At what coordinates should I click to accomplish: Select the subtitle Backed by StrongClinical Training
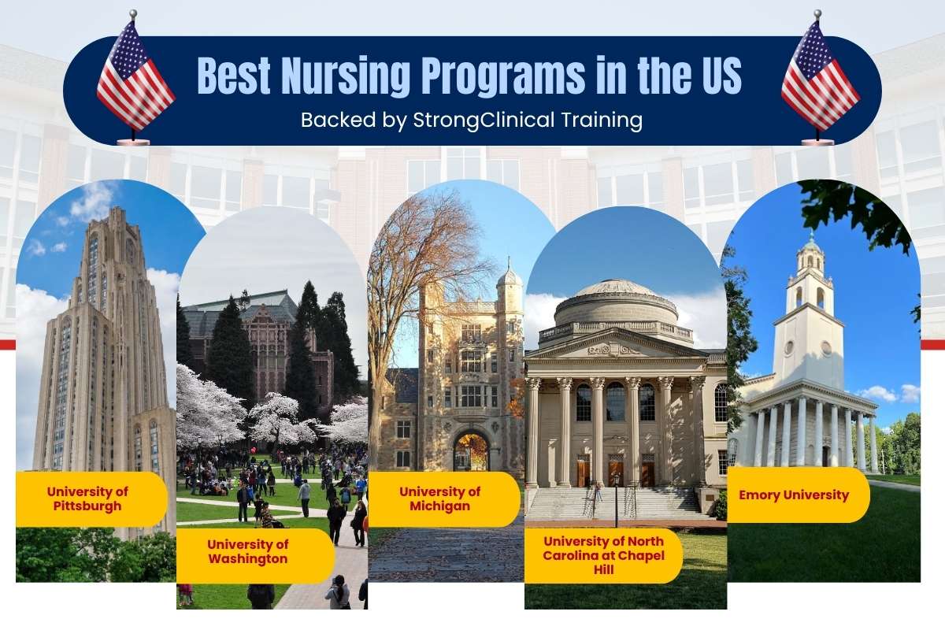[x=472, y=120]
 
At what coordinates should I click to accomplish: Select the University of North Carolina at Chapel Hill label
[x=603, y=555]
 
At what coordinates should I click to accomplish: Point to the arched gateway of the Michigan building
[x=471, y=450]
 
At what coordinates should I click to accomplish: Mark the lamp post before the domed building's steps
[x=617, y=500]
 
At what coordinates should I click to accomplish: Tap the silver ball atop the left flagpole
[x=133, y=13]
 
